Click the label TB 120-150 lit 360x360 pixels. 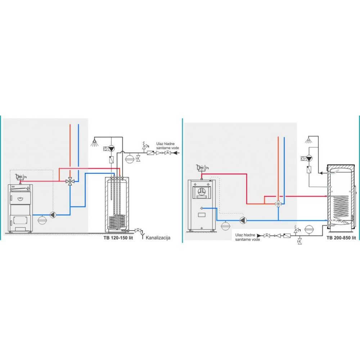[x=118, y=238]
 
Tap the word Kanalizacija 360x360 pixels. [x=158, y=238]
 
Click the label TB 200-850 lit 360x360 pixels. [x=341, y=238]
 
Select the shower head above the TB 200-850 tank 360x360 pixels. [x=309, y=140]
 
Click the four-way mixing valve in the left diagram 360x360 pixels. [x=70, y=181]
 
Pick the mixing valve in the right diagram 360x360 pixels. [x=278, y=204]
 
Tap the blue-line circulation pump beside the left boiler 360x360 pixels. [x=53, y=215]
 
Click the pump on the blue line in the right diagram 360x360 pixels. [x=243, y=220]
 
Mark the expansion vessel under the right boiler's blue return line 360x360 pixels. [x=225, y=225]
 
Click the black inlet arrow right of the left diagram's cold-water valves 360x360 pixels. [x=176, y=153]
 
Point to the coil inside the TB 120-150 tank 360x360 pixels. [x=117, y=222]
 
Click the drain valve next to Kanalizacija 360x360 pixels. [x=138, y=230]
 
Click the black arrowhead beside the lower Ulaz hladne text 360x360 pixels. [x=259, y=235]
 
